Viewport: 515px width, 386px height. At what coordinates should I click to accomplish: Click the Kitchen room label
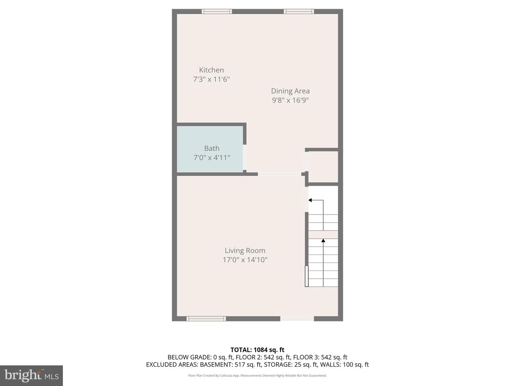(211, 70)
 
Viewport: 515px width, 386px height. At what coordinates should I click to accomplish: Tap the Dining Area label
(290, 91)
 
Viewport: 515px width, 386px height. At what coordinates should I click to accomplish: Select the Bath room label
(212, 148)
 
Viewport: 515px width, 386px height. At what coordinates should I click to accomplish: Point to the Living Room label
(245, 251)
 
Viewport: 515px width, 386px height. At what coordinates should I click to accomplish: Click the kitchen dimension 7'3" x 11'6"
(211, 79)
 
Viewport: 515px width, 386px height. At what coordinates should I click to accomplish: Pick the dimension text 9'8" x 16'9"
(290, 100)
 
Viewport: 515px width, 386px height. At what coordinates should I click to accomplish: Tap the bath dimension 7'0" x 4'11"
(212, 158)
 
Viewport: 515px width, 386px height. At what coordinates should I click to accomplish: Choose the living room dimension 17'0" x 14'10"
(245, 260)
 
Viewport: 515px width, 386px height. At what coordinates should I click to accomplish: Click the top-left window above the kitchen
(217, 11)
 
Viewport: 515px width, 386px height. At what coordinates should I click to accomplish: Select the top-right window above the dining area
(299, 11)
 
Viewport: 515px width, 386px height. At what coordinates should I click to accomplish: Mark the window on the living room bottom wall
(206, 318)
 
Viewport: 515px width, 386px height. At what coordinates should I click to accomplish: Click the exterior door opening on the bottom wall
(297, 318)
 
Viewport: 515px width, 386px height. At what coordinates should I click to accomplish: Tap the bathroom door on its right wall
(245, 157)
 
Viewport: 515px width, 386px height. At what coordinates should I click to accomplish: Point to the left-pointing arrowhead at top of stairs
(310, 200)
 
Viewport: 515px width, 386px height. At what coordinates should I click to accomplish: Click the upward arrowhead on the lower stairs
(323, 241)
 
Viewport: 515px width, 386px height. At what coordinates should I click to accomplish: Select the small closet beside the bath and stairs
(323, 167)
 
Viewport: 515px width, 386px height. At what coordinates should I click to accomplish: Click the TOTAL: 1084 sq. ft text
(257, 350)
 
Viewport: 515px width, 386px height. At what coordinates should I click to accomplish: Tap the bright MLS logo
(31, 375)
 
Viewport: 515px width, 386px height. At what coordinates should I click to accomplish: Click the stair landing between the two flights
(323, 234)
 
